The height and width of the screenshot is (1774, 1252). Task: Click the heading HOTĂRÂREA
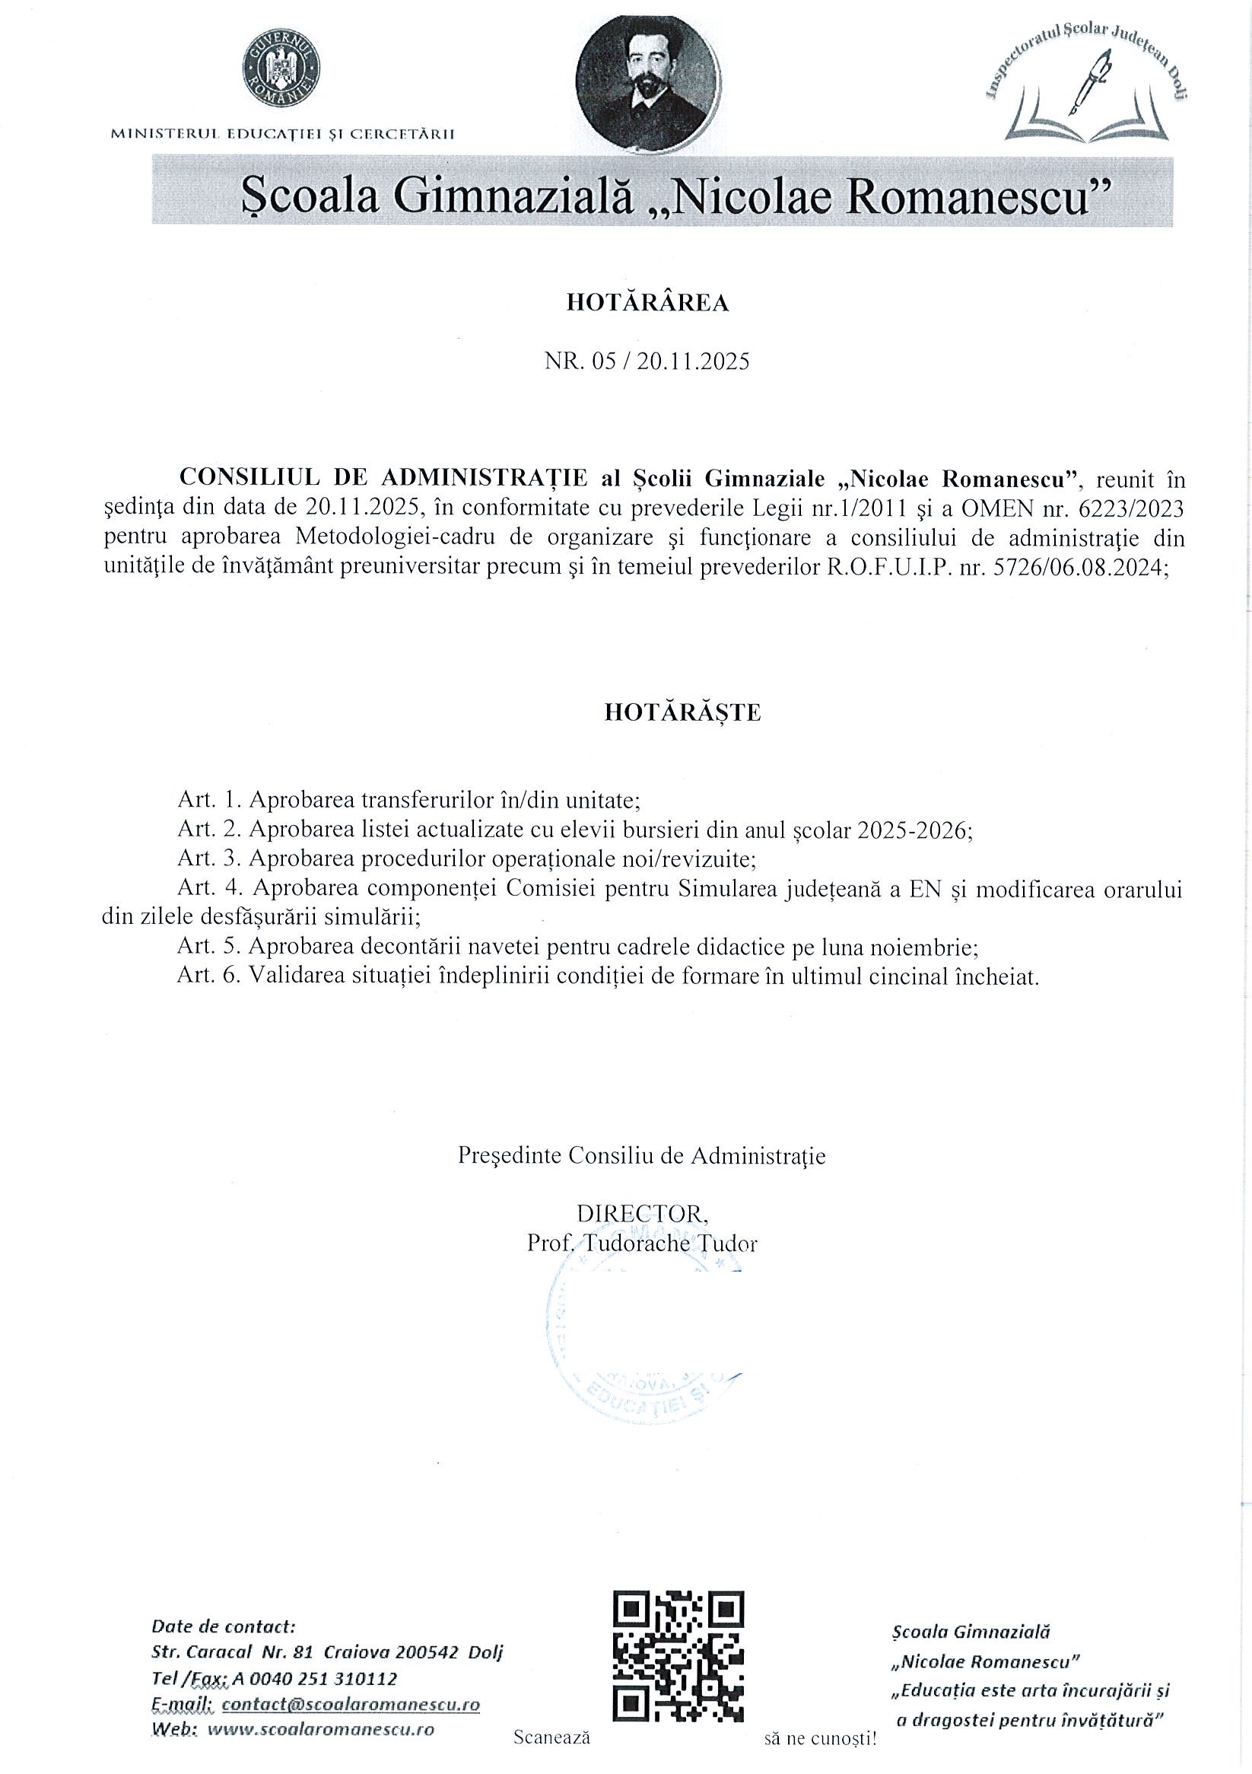tap(647, 303)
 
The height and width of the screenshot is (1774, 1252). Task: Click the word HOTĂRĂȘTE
tap(682, 712)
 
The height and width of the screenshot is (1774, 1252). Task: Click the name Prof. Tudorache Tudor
tap(642, 1244)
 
